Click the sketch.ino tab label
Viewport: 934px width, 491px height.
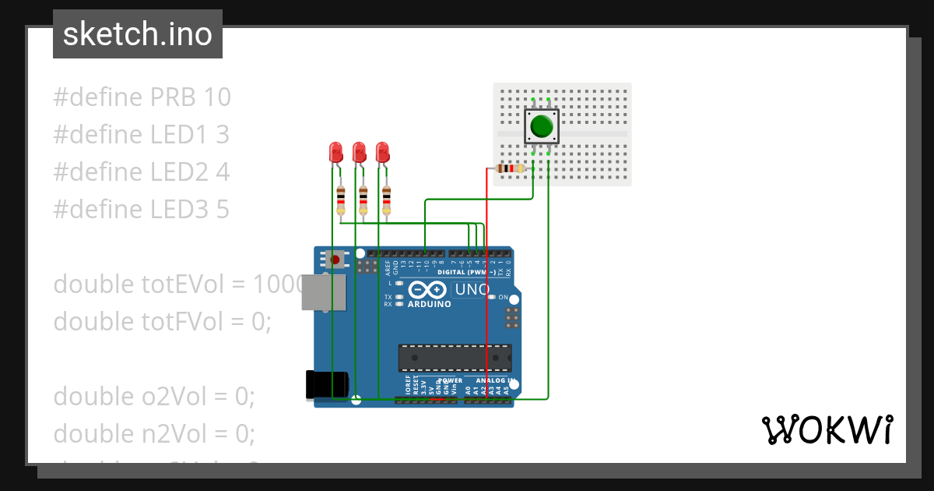click(x=137, y=34)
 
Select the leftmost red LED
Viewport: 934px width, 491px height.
click(x=336, y=152)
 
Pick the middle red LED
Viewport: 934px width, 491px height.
click(x=359, y=152)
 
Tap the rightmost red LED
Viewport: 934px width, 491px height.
click(x=382, y=152)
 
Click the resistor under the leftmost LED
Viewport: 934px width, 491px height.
click(x=340, y=200)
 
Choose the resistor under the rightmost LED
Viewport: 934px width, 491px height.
click(x=386, y=200)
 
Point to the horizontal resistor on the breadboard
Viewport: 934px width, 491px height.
click(x=510, y=168)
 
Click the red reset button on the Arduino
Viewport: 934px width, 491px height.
click(x=335, y=259)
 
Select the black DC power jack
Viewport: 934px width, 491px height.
click(x=326, y=385)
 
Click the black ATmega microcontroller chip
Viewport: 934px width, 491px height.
click(x=455, y=358)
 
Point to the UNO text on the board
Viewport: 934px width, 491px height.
click(x=472, y=290)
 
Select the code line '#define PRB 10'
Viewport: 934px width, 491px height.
click(x=142, y=97)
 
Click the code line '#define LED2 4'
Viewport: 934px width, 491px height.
click(x=141, y=171)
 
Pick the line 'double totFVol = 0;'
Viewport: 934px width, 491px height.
click(x=162, y=320)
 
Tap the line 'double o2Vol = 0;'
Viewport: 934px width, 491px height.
click(x=154, y=396)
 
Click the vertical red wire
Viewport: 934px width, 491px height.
click(x=487, y=288)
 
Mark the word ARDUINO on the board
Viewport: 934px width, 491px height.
click(x=429, y=304)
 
